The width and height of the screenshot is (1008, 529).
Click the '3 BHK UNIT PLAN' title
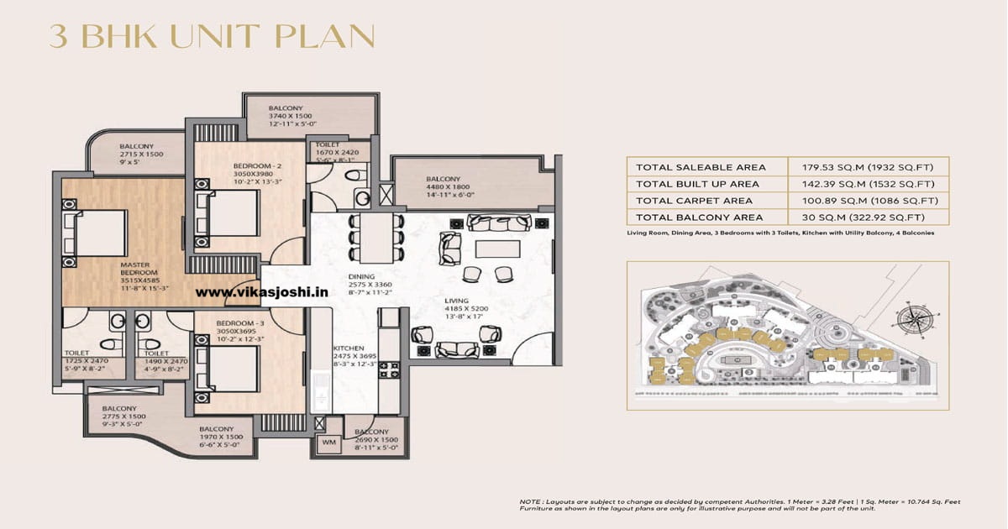tap(212, 37)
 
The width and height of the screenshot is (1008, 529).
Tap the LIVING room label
tap(458, 301)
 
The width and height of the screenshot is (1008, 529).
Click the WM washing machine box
tap(327, 443)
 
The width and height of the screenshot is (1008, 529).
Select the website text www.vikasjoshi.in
tap(261, 291)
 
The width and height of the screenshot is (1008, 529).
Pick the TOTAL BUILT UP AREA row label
tap(697, 184)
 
